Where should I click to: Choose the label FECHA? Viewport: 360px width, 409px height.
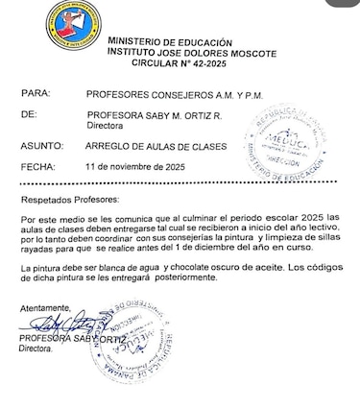coord(38,166)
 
